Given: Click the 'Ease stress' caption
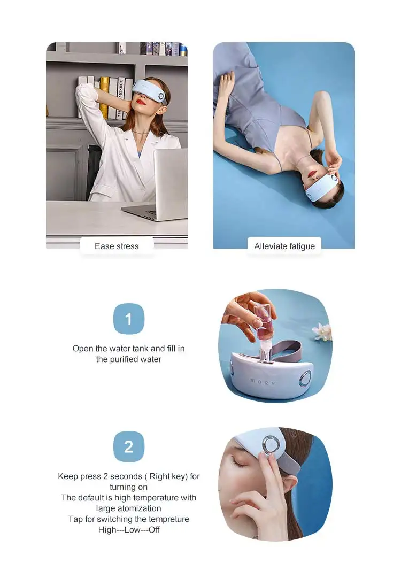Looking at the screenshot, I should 117,246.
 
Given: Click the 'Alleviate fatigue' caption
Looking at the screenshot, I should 284,246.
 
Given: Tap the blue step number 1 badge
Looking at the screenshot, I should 128,319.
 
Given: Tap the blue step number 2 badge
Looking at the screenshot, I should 128,446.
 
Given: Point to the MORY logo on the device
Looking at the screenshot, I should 263,381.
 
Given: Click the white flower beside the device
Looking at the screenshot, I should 322,331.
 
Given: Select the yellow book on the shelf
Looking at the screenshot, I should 104,96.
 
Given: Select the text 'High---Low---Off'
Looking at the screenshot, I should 128,530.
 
